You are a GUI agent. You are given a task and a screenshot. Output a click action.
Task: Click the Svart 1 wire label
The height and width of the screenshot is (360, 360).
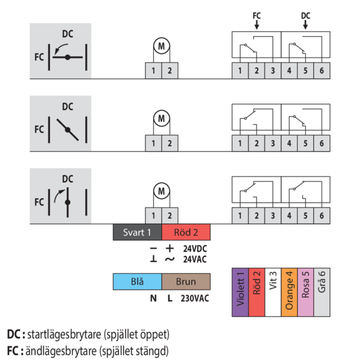tap(137, 232)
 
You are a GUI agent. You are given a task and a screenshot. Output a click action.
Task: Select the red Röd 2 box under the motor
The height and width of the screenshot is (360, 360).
tap(186, 232)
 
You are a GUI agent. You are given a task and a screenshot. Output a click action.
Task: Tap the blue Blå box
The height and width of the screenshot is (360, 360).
tap(137, 281)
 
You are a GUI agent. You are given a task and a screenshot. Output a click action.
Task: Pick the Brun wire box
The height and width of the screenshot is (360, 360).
tap(186, 281)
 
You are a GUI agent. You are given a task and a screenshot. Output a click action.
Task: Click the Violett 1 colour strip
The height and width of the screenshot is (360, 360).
tap(240, 292)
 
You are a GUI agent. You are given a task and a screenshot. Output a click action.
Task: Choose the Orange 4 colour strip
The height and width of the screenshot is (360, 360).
tap(289, 292)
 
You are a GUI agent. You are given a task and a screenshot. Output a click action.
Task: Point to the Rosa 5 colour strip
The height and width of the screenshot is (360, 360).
tap(305, 292)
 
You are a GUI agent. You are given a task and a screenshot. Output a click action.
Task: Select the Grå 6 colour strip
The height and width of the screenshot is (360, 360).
tap(322, 292)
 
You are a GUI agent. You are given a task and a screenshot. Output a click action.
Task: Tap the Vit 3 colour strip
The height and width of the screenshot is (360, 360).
tap(273, 292)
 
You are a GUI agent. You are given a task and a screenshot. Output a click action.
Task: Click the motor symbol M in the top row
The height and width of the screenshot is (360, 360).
tap(161, 46)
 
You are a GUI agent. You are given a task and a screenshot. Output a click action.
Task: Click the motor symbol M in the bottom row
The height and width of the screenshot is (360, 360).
tap(161, 191)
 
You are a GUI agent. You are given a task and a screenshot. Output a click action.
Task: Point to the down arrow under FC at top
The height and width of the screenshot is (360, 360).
tap(257, 25)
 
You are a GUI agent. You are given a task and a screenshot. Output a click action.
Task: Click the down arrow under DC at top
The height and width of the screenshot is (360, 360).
tap(305, 25)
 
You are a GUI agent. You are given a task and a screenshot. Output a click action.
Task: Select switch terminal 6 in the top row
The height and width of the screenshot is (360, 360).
tap(322, 71)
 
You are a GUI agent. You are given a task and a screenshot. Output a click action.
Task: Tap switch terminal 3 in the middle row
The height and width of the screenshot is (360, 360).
tap(273, 143)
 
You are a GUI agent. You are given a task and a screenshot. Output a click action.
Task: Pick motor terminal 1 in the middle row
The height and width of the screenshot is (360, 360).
tap(154, 143)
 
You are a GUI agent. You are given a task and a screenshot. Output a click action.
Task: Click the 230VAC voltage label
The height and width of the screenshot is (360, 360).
tap(195, 298)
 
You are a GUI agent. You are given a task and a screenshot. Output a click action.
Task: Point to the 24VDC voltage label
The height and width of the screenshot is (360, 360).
tap(195, 248)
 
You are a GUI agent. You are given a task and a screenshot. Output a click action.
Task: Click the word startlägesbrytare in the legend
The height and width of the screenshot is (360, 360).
tap(64, 335)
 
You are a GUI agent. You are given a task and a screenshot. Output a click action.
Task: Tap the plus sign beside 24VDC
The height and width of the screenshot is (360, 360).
tap(170, 248)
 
